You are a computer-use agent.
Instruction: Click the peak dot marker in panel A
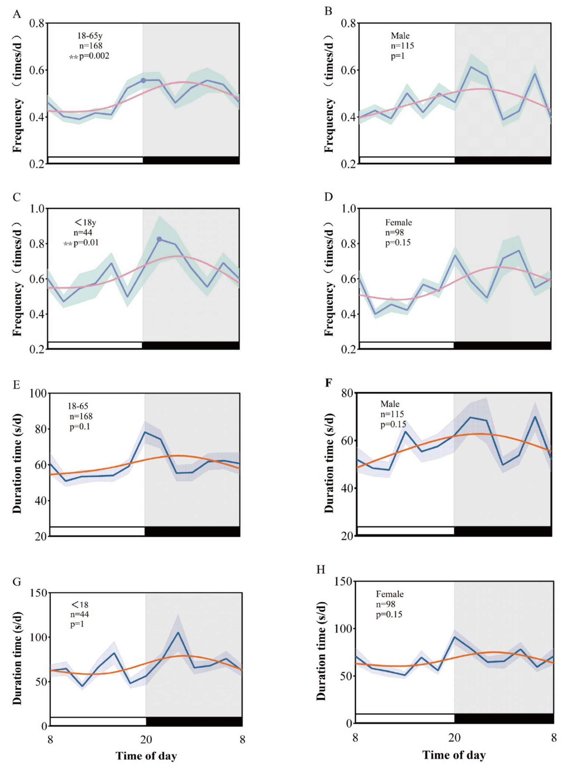coord(143,80)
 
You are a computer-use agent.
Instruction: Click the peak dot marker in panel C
coord(159,239)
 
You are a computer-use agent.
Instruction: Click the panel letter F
coord(328,383)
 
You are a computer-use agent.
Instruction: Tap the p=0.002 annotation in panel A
coord(94,56)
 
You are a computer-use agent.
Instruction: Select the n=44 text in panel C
coord(83,232)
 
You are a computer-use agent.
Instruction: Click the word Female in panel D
coord(398,222)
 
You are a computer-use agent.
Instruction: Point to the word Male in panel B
coord(400,36)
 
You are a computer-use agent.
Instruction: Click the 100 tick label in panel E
coord(38,394)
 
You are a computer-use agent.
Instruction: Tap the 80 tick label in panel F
coord(347,393)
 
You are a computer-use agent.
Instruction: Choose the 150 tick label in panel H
coord(343,582)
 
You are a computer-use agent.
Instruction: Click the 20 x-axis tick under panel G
coord(146,739)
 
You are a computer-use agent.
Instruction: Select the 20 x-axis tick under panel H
coord(454,738)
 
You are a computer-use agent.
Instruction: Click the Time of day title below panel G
coord(146,756)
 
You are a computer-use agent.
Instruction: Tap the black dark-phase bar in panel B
coord(503,160)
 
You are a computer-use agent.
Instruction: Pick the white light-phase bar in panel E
coord(97,531)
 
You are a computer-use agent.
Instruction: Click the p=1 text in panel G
coord(77,624)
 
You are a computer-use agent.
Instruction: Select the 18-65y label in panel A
coord(89,36)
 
